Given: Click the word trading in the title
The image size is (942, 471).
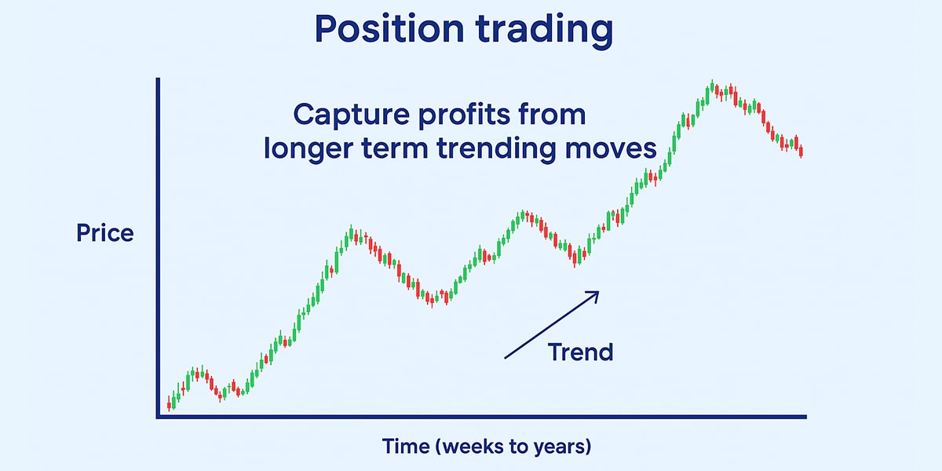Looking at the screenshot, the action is point(545,31).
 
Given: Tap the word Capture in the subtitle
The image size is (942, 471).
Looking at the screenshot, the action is point(352,115).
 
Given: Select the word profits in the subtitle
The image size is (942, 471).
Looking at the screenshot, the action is point(464,115).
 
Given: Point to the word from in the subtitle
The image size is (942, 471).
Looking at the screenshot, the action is point(552,114).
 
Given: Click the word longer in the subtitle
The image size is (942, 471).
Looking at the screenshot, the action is point(309,148).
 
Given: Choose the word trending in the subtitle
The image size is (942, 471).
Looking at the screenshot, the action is point(497,149).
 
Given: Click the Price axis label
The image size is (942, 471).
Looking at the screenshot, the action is point(105,232).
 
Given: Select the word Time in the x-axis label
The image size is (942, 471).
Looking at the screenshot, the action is point(406,446).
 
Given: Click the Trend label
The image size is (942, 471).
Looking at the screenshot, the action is point(580,352).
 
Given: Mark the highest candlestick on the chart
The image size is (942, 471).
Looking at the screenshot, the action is point(712,86).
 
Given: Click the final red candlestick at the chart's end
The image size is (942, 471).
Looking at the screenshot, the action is point(801,151).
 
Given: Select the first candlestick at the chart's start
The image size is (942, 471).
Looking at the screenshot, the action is point(169,403).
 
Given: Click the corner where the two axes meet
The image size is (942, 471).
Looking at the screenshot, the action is point(158,417).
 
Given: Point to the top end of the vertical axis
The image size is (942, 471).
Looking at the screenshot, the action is point(158,78).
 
